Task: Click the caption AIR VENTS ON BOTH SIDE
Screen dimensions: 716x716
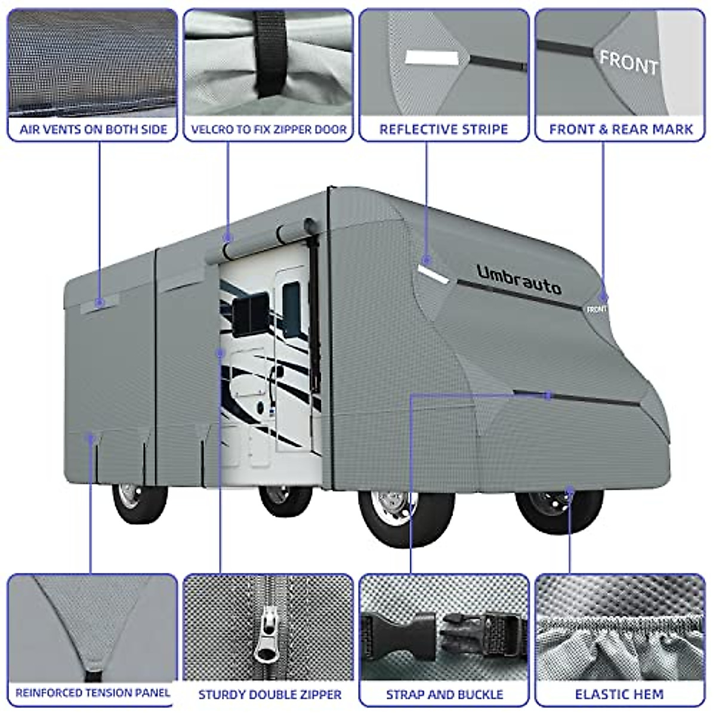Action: click(x=93, y=129)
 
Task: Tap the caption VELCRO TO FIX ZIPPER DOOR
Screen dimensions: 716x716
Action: click(x=268, y=129)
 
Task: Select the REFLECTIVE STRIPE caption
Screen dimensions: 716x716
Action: click(x=443, y=129)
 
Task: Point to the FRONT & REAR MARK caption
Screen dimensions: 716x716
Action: click(x=621, y=129)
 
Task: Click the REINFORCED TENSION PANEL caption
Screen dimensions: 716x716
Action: click(x=92, y=693)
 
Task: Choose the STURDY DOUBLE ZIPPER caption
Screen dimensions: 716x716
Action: click(x=270, y=695)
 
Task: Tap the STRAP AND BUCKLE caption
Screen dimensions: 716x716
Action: click(x=445, y=695)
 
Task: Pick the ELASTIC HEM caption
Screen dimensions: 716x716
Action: click(x=619, y=695)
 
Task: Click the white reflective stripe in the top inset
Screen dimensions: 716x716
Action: click(x=431, y=58)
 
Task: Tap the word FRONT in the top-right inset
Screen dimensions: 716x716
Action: click(x=628, y=61)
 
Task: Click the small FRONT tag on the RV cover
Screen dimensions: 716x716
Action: click(x=596, y=310)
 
